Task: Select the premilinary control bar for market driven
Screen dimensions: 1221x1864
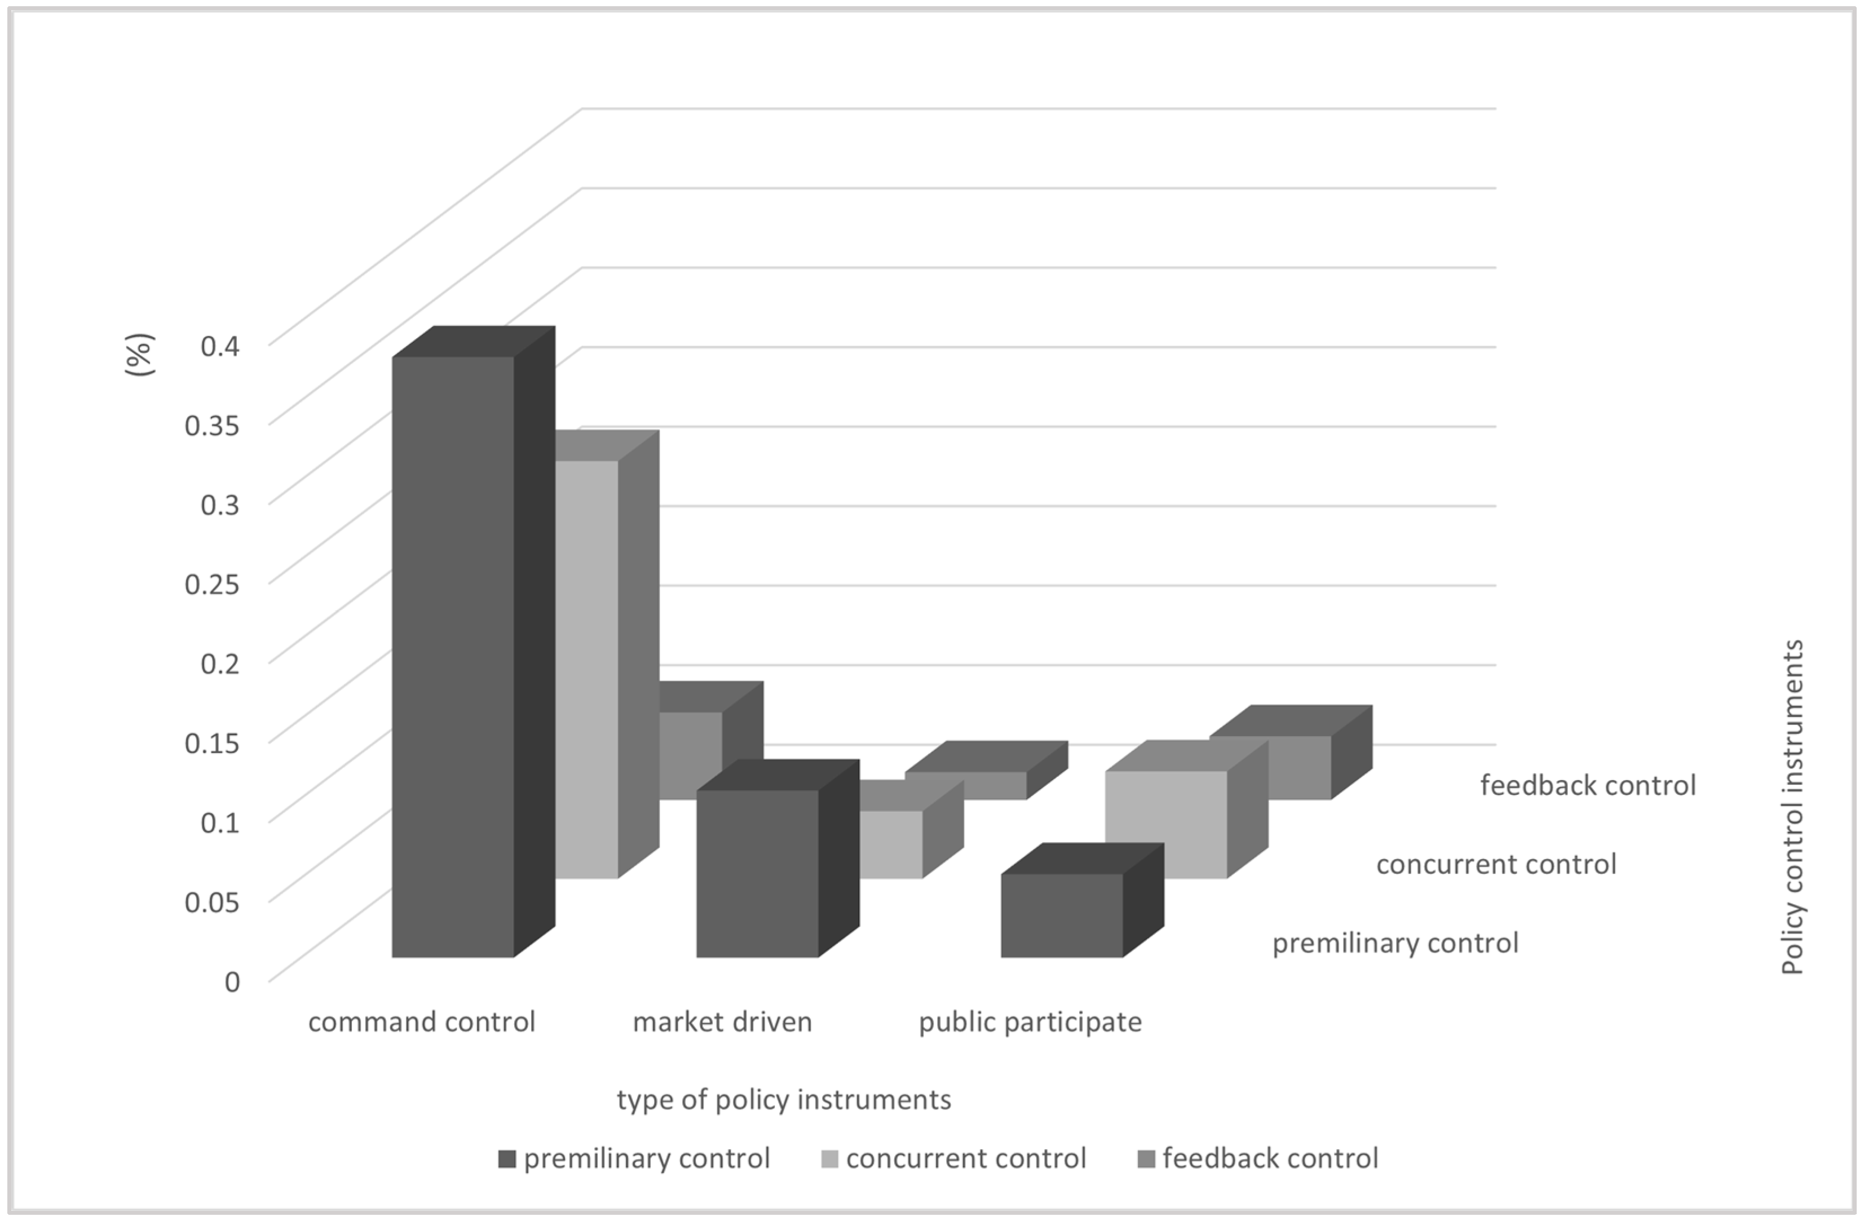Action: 757,873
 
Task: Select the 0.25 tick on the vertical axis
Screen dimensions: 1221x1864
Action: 211,583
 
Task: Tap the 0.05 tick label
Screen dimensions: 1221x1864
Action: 211,901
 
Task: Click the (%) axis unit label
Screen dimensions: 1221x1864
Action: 140,355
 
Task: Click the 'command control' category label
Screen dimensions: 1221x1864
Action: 421,1022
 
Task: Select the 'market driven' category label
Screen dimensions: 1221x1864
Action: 722,1022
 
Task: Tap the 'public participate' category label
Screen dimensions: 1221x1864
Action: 1030,1022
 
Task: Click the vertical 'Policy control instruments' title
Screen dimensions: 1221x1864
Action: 1792,807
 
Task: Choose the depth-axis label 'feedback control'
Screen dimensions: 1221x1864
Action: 1588,785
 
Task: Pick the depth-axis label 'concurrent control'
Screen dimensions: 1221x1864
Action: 1496,864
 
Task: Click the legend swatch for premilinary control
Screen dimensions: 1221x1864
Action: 507,1159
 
